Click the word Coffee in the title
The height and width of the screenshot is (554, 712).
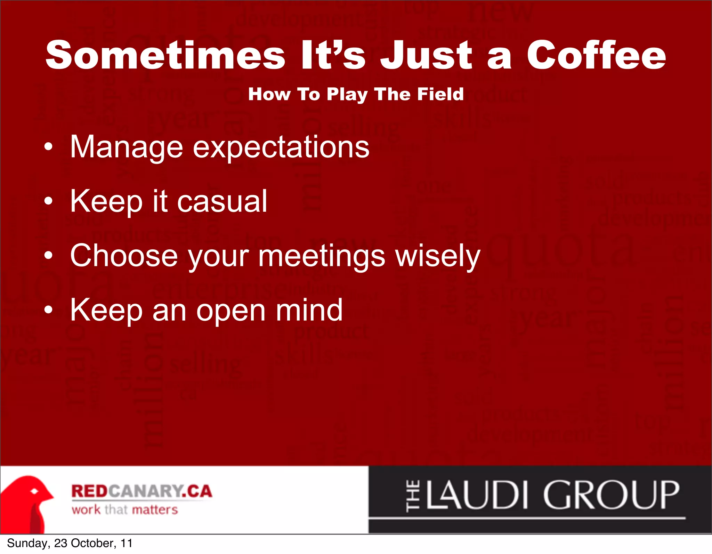(x=596, y=55)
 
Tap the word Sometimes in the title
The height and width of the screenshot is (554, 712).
(x=165, y=55)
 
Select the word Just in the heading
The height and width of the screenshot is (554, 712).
(x=426, y=55)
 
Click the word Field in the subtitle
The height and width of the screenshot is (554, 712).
(x=440, y=94)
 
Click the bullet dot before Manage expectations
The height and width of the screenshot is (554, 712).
(x=49, y=147)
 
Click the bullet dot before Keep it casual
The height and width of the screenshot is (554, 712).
(x=49, y=201)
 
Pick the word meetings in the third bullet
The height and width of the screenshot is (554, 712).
(x=322, y=256)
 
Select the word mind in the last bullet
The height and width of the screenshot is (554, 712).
(x=309, y=310)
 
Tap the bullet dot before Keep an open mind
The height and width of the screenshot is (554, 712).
(x=49, y=310)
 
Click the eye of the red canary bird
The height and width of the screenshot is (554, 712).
(x=34, y=491)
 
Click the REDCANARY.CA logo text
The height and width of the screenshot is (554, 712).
(x=141, y=491)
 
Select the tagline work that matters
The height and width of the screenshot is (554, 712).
(x=125, y=510)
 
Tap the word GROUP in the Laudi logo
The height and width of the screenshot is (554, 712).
(x=611, y=495)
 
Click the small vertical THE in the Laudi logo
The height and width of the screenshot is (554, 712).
(x=413, y=495)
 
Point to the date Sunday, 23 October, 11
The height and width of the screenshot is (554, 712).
(x=70, y=543)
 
